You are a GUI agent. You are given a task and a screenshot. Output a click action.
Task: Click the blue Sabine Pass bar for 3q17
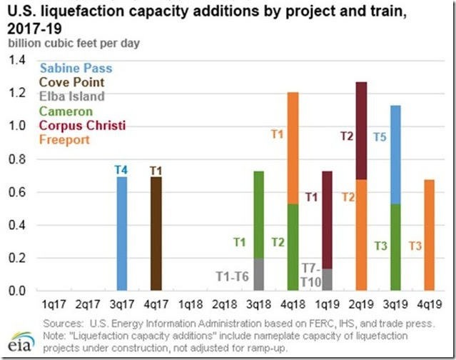122,234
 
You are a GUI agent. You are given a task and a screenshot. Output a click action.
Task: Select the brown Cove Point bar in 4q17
156,234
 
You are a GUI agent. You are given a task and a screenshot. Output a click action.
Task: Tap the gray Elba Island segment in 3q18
258,274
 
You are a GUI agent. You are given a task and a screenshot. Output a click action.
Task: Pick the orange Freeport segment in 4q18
293,148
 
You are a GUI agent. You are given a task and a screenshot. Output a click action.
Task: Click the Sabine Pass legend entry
76,69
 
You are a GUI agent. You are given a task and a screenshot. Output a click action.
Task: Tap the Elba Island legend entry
72,96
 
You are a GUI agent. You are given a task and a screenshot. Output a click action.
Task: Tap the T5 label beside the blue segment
380,135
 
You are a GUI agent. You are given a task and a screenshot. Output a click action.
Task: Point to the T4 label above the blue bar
122,170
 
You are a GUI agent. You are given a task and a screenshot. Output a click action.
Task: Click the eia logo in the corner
19,339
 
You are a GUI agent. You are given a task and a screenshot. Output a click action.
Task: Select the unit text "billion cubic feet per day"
74,43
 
